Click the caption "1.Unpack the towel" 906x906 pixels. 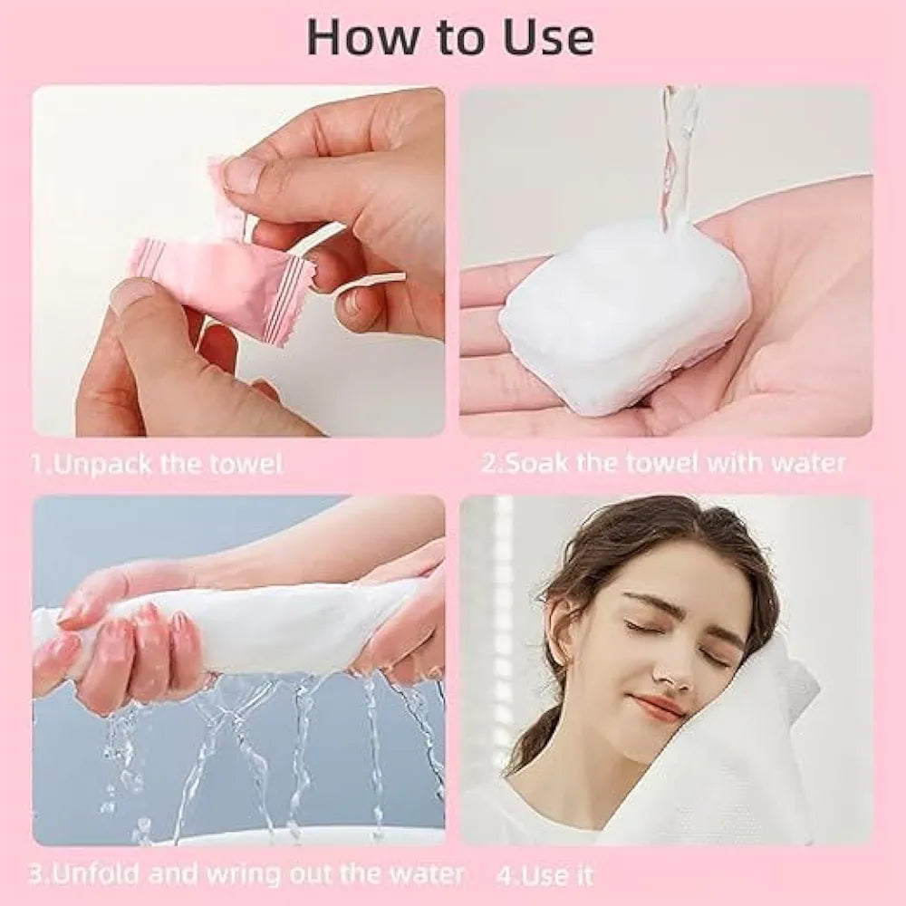[157, 465]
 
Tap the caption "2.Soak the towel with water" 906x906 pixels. [662, 464]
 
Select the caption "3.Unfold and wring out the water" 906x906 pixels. [246, 874]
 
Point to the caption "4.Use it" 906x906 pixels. [545, 875]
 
